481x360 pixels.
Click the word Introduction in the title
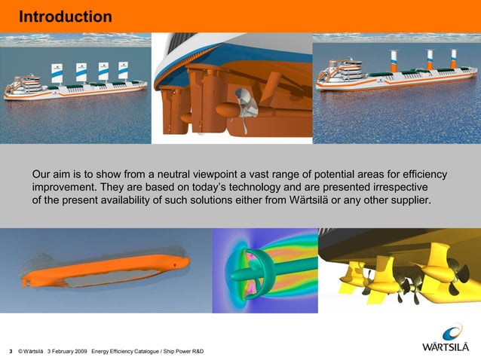point(65,17)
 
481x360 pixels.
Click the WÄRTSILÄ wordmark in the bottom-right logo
point(447,347)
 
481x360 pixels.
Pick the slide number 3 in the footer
point(10,352)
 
